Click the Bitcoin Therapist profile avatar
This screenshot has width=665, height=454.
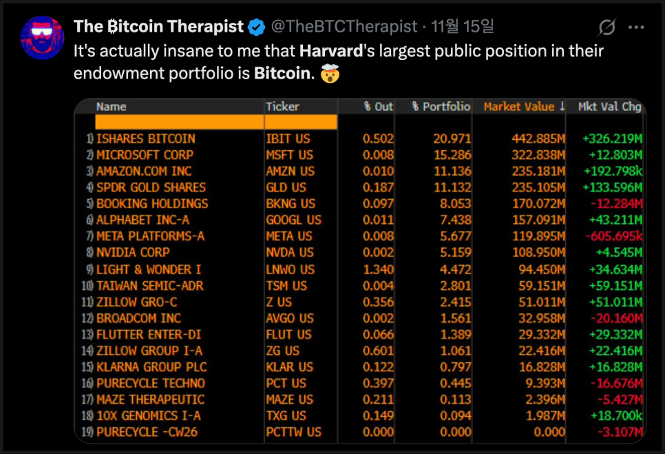(43, 38)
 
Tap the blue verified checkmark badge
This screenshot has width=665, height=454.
(257, 28)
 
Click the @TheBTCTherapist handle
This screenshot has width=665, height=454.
(344, 27)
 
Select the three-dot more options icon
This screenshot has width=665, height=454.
(637, 28)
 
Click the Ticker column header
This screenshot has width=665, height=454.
(282, 107)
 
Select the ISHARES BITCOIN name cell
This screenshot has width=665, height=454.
(145, 138)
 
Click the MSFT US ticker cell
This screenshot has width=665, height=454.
(289, 155)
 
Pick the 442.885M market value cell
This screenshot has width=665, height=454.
(538, 138)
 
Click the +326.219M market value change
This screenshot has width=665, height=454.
(612, 138)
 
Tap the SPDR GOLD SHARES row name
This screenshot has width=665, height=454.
(151, 187)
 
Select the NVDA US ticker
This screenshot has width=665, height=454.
(289, 253)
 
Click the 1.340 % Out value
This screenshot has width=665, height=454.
(379, 269)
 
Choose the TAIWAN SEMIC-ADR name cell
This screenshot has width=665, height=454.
(149, 285)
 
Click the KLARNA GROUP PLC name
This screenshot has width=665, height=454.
(151, 367)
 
